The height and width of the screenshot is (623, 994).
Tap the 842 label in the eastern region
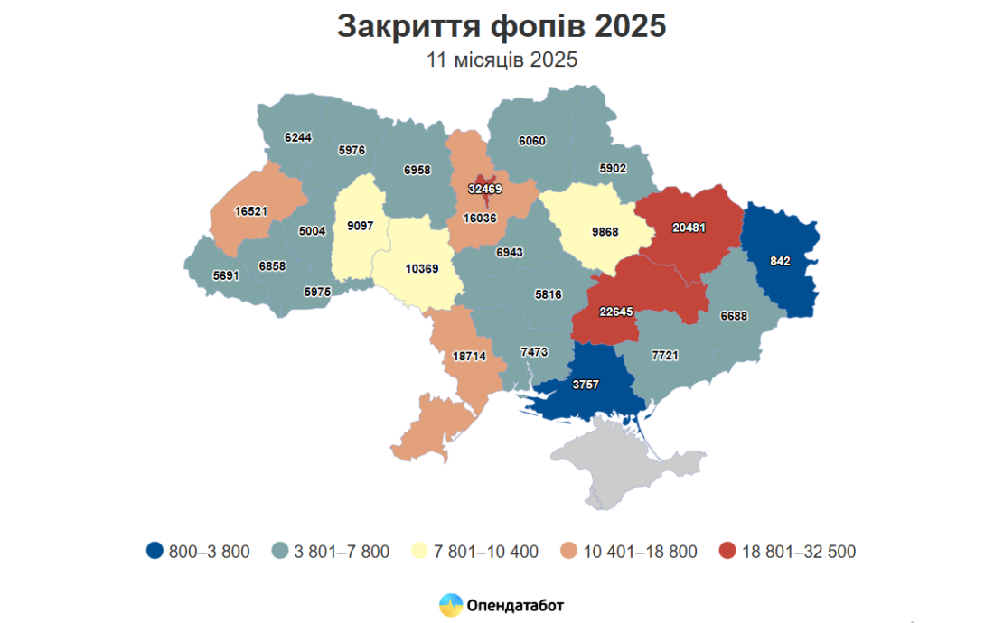pos(781,261)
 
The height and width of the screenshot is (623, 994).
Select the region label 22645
pos(616,311)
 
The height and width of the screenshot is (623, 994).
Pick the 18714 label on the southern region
pos(469,357)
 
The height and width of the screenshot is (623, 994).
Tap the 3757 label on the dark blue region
pos(586,385)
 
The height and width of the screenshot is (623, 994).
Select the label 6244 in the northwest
pos(297,137)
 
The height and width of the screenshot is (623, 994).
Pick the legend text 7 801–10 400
pos(487,552)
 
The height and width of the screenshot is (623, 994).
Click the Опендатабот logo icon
pos(450,605)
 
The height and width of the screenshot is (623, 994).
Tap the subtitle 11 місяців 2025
pos(502,60)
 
